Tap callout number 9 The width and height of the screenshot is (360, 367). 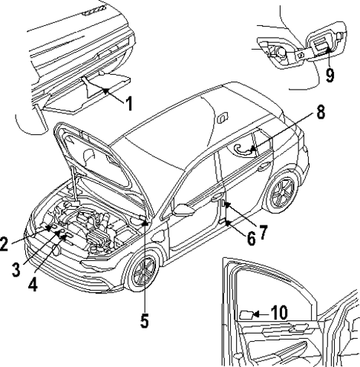328,73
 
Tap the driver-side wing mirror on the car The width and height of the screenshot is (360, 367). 181,211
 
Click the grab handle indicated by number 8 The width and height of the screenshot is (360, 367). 243,149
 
